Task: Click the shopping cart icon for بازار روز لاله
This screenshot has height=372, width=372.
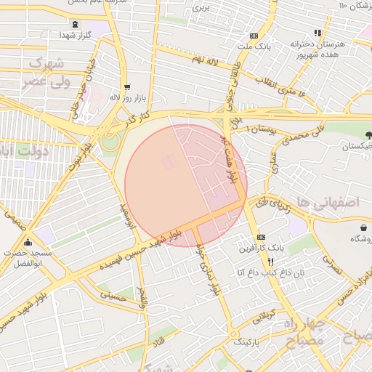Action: coord(127,86)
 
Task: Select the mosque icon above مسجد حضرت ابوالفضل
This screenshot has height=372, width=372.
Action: coord(28,243)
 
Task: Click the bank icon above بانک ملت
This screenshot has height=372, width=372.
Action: coord(253,36)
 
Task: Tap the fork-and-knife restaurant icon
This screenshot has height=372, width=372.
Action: coord(270,261)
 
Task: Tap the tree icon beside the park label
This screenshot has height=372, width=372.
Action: coord(368,134)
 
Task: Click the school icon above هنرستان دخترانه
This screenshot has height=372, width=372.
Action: coord(318,33)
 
